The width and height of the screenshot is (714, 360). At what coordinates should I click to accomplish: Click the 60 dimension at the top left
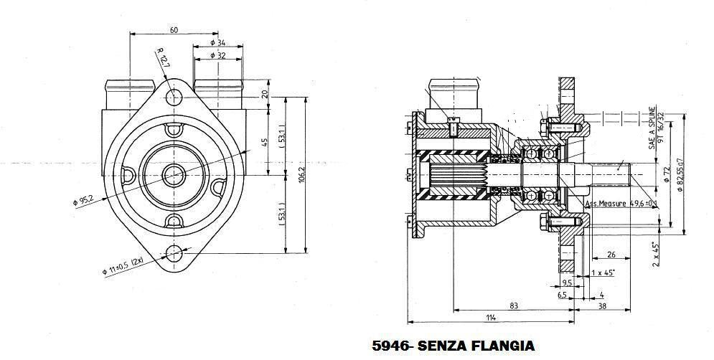click(x=174, y=30)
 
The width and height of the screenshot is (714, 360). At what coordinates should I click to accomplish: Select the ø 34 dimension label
click(x=217, y=43)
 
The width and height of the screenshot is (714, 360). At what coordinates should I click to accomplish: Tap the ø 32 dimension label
click(x=217, y=55)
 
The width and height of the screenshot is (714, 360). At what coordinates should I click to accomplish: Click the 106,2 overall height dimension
click(x=301, y=174)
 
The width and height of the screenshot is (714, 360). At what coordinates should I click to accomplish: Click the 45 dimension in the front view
click(x=265, y=141)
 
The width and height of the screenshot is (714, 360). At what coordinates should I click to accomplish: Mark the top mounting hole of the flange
click(x=174, y=95)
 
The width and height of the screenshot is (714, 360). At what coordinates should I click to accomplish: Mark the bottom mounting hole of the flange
click(x=174, y=252)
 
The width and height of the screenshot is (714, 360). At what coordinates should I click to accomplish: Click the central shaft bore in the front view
click(x=174, y=173)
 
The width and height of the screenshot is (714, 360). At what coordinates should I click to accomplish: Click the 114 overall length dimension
click(x=489, y=317)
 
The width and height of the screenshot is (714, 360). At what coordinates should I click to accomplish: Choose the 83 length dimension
click(x=515, y=306)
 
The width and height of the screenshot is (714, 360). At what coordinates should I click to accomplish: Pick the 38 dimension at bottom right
click(x=601, y=306)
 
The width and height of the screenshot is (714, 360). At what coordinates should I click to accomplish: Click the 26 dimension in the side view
click(x=611, y=254)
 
